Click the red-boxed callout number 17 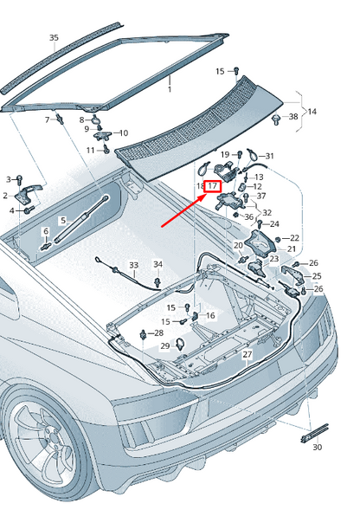pos(213,186)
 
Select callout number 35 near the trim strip pos(54,38)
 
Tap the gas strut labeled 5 pos(81,220)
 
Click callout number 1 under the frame pos(170,89)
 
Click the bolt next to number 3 pos(19,179)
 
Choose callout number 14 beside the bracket pos(312,112)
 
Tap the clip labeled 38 pos(276,119)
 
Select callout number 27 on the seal pos(247,354)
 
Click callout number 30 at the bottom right pos(317,448)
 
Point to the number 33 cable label pos(133,265)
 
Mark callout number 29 pos(165,345)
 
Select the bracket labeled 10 pos(102,135)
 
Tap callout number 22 pos(294,238)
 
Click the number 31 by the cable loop pos(269,156)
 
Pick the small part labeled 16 pos(195,316)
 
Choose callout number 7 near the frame pos(47,119)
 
